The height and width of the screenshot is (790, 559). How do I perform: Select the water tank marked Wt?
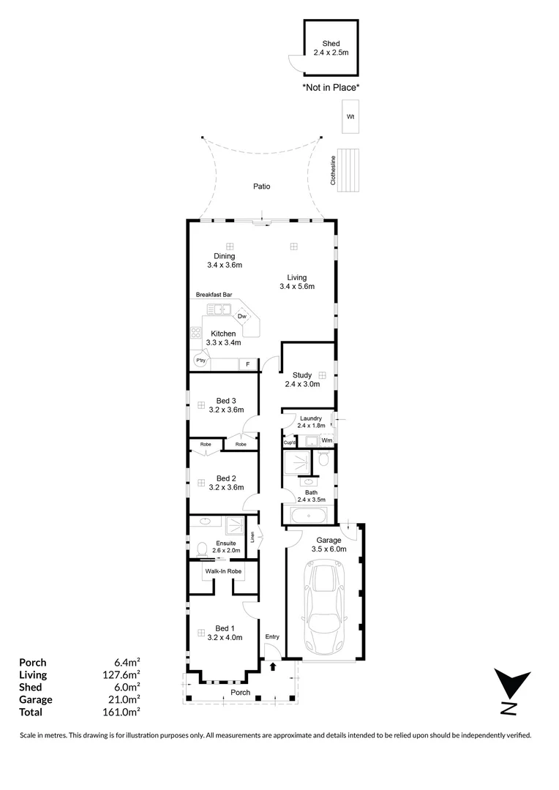(x=350, y=117)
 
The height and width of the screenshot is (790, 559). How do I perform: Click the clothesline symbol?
(x=352, y=169)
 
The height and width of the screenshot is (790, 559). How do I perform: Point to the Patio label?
(x=261, y=187)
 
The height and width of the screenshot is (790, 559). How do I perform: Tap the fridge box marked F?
(x=248, y=364)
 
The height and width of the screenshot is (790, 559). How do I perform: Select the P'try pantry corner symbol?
(x=199, y=361)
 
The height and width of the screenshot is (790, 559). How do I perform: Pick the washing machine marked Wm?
(x=326, y=440)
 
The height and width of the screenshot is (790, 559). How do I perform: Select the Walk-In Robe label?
(x=223, y=571)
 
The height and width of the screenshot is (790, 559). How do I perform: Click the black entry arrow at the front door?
(x=272, y=666)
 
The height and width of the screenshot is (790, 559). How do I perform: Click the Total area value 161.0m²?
(x=123, y=712)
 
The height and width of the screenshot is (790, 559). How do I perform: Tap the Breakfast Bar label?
(x=214, y=295)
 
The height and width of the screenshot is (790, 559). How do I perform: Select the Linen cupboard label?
(x=252, y=537)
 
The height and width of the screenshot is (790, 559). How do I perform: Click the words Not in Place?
(x=331, y=87)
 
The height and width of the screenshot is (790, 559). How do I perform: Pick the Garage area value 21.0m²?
(x=124, y=699)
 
